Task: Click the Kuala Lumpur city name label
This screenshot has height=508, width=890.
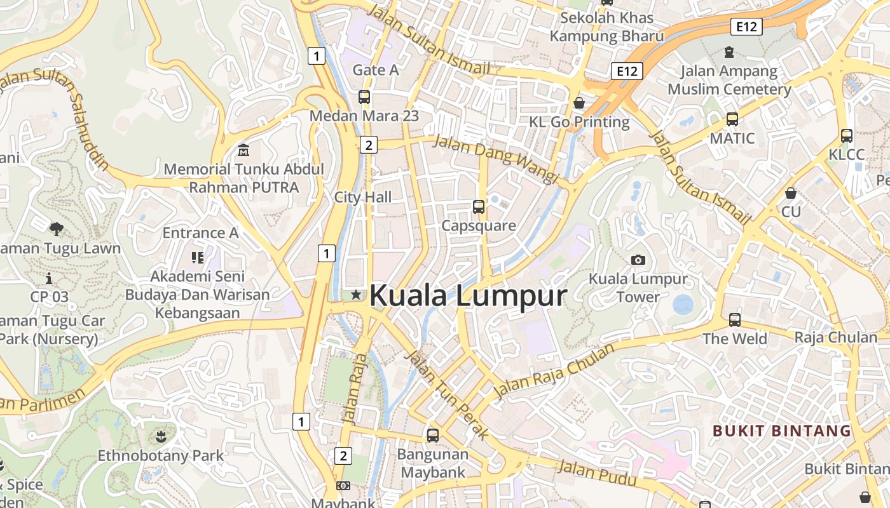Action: click(x=467, y=295)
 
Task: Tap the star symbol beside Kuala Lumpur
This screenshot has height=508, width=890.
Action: click(x=356, y=295)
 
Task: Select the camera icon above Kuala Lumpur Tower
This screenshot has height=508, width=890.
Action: click(x=638, y=260)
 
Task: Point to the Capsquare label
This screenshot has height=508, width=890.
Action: click(x=479, y=225)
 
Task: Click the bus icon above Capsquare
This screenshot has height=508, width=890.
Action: click(x=479, y=206)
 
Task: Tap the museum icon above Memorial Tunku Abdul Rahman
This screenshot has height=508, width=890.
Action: click(x=243, y=150)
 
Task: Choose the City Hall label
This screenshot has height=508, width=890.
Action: click(x=363, y=197)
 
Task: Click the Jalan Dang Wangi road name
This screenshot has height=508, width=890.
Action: click(x=495, y=159)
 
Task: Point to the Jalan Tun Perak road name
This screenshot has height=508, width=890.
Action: click(x=448, y=394)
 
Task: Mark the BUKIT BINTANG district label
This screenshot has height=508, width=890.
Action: click(x=781, y=431)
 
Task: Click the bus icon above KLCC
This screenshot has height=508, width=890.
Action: click(x=847, y=135)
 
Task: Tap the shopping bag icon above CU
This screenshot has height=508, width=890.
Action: click(x=791, y=192)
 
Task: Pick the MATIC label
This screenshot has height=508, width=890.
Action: click(x=732, y=138)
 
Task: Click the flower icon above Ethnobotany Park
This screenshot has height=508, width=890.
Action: click(x=161, y=436)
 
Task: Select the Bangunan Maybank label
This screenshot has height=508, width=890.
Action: click(x=433, y=463)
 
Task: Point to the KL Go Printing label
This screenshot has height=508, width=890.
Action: click(x=579, y=121)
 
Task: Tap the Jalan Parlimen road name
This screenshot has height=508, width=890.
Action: click(x=43, y=398)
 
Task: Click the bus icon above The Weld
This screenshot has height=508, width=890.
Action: click(x=735, y=319)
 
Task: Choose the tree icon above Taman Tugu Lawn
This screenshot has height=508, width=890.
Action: click(x=57, y=229)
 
